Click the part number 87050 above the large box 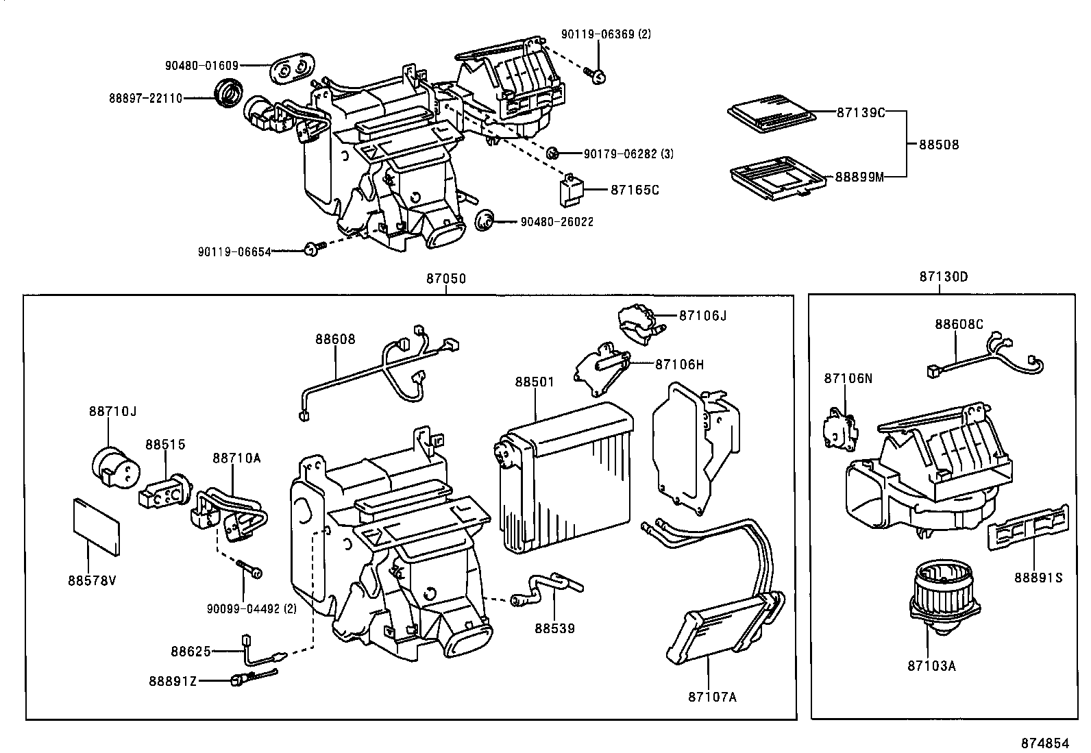click(x=445, y=279)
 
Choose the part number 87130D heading click(x=944, y=277)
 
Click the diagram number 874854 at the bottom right click(x=1044, y=743)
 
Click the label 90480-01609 click(x=201, y=66)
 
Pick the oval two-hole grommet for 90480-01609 click(x=292, y=69)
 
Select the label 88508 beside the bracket click(x=939, y=145)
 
